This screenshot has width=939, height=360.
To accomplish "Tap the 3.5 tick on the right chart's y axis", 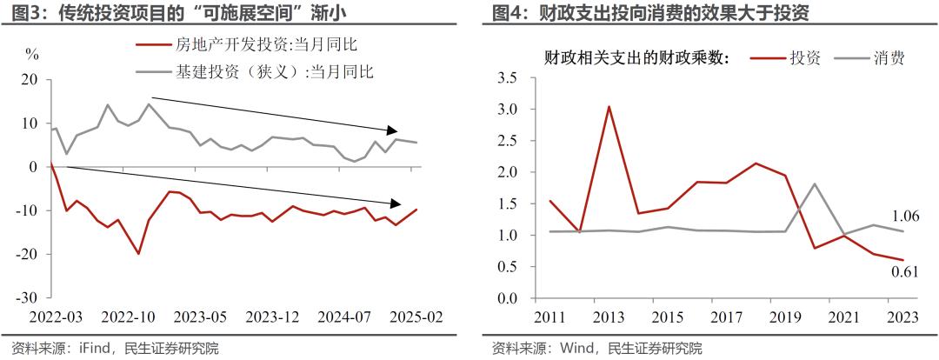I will pos(506,78).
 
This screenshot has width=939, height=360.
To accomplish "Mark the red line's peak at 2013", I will pos(609,107).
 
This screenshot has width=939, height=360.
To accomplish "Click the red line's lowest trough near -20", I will pos(138,254).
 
